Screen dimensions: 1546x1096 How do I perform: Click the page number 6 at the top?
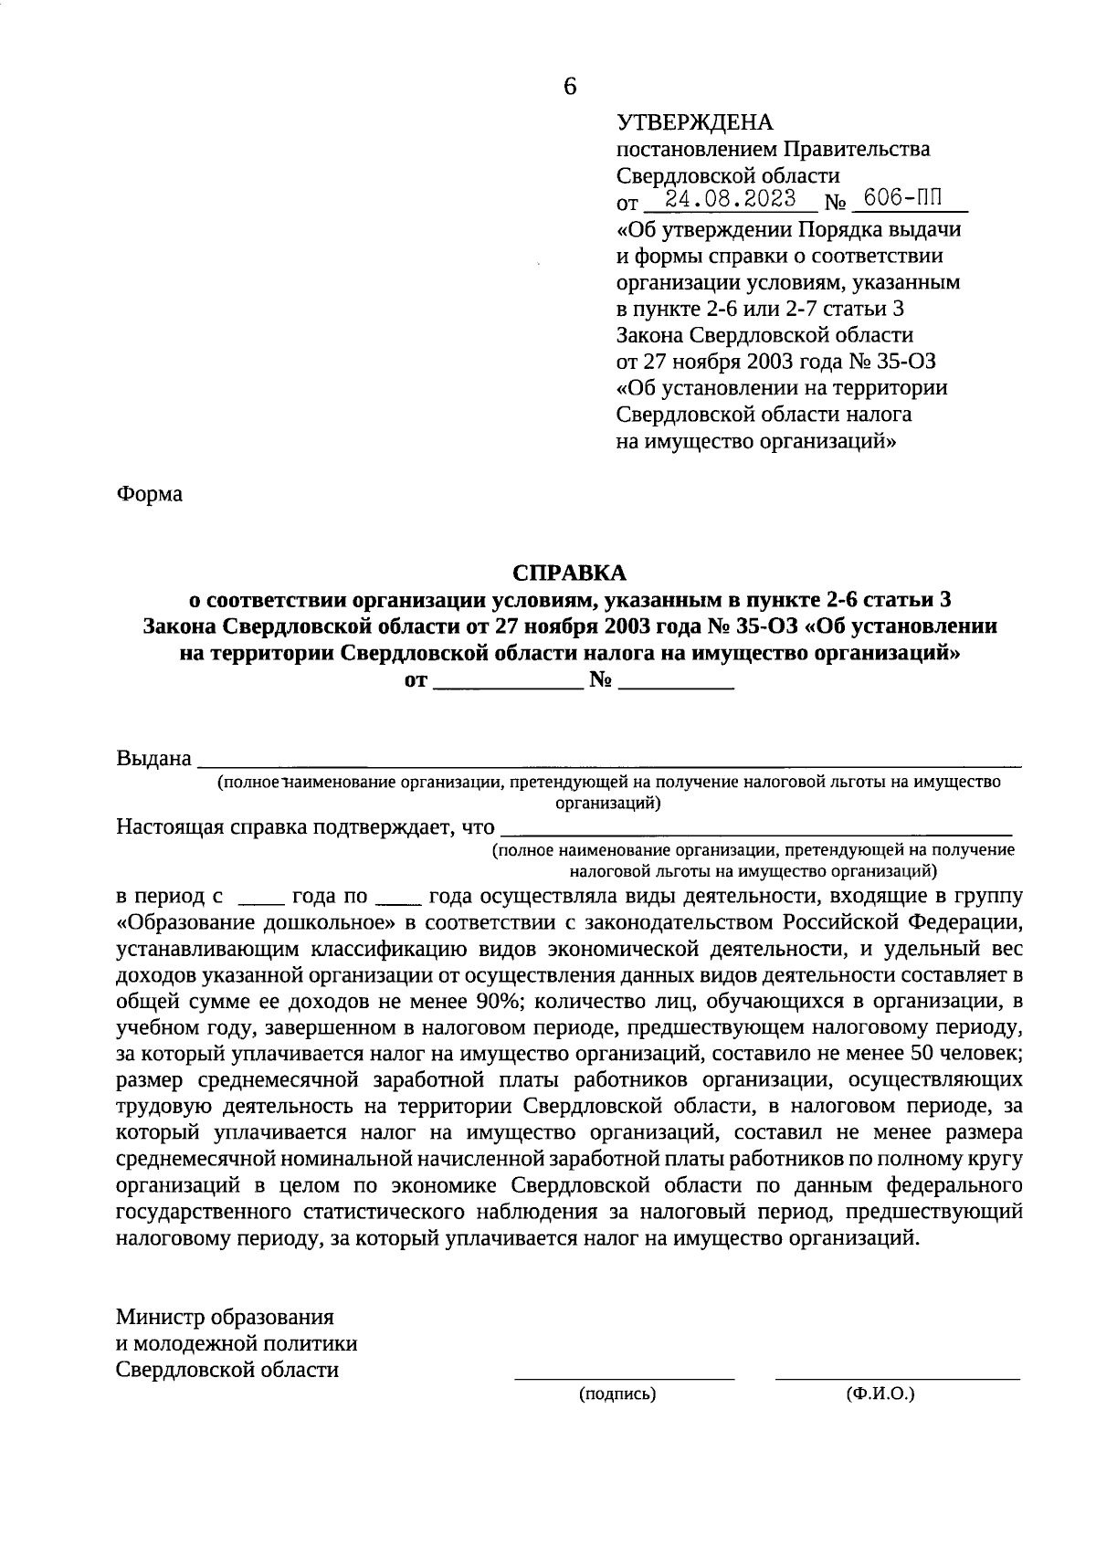tap(570, 87)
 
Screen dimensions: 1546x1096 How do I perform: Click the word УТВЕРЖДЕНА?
tap(695, 122)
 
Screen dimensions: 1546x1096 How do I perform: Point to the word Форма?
tap(150, 494)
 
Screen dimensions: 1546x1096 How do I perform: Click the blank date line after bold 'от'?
tap(507, 687)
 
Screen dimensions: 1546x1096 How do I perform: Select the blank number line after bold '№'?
tap(677, 687)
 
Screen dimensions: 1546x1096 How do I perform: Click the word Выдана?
tap(154, 759)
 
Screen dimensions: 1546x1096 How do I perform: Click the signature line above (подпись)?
tap(625, 1377)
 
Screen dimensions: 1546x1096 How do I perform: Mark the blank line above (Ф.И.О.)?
tap(897, 1377)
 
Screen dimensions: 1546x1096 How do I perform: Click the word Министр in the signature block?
tap(161, 1318)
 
